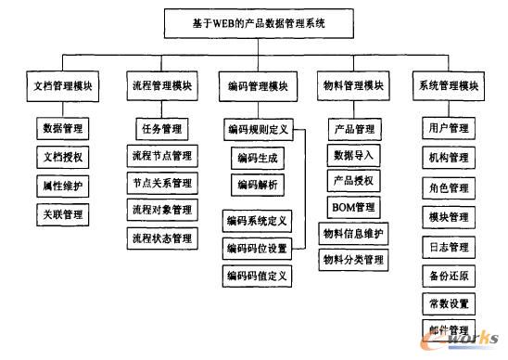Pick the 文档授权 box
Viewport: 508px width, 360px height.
point(63,157)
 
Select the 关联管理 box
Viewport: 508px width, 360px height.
point(63,215)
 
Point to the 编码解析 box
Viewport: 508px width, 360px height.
point(258,185)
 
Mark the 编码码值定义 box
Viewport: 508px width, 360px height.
point(258,276)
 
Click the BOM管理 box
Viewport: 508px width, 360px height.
point(352,206)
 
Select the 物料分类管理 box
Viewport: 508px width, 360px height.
point(352,261)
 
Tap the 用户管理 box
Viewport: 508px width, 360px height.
point(449,128)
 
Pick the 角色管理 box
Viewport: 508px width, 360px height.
point(449,187)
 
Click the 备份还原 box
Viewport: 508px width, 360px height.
point(449,276)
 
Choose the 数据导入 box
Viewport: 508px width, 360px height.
point(352,154)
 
